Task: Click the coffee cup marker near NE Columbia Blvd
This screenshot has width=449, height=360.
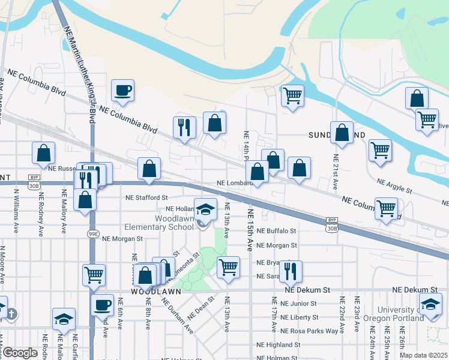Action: [122, 91]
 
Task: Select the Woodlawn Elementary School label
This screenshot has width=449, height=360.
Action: [159, 223]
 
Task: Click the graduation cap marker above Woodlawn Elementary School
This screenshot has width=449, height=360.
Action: [205, 210]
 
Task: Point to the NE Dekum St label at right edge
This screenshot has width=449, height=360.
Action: [420, 290]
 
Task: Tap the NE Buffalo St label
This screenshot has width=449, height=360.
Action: [276, 230]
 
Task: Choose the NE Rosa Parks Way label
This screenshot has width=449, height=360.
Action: [310, 331]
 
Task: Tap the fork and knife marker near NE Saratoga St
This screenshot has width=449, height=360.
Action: [291, 271]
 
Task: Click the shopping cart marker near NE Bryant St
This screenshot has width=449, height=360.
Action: [228, 267]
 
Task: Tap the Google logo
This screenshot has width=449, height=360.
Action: [20, 353]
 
